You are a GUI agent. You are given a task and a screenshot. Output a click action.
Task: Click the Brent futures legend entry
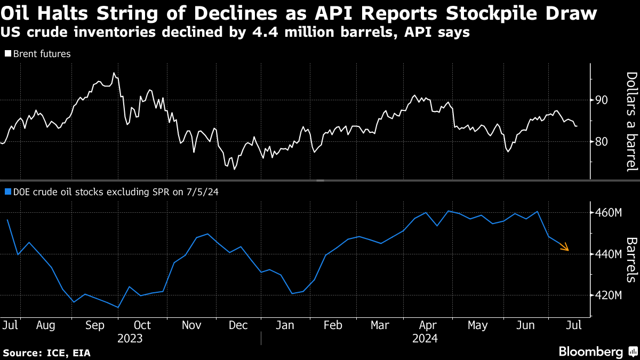[x=38, y=54]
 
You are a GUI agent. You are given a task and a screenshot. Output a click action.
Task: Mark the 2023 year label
[x=131, y=338]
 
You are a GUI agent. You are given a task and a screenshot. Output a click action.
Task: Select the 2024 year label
[x=425, y=338]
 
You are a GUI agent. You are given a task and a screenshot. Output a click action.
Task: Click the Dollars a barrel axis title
[x=631, y=122]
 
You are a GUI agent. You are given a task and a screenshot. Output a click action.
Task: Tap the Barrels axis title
[x=631, y=260]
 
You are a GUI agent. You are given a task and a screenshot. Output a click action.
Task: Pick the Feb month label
[x=333, y=325]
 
